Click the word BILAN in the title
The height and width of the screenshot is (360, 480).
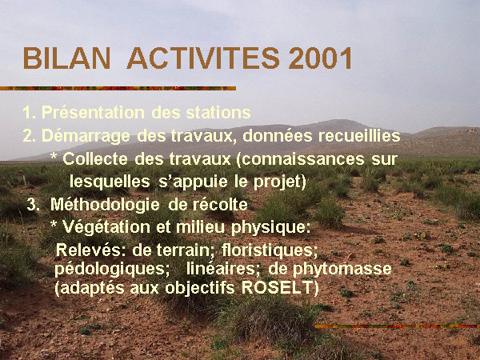(66, 58)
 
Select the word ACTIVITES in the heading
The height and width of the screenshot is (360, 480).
(203, 58)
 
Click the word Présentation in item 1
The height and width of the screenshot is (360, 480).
(94, 112)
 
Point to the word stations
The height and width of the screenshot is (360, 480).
(218, 112)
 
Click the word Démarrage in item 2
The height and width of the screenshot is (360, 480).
(86, 136)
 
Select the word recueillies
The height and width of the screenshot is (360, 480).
(359, 136)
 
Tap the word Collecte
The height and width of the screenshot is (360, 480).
(95, 158)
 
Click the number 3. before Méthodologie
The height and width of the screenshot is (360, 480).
(33, 204)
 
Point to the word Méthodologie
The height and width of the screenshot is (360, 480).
(105, 205)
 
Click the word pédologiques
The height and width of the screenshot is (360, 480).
(112, 269)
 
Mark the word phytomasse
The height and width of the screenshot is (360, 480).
(342, 269)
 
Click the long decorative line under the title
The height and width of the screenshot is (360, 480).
(118, 88)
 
